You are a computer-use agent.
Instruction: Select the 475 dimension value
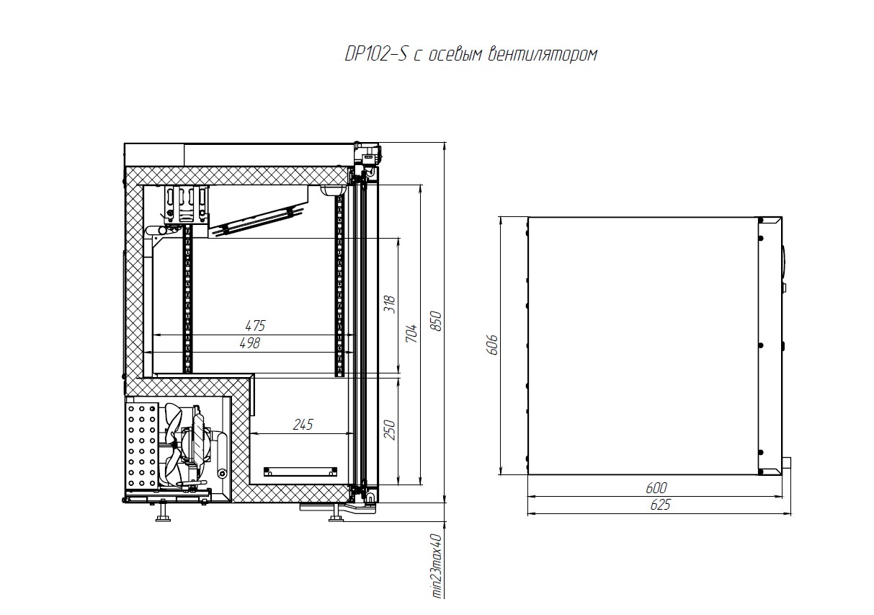pos(255,325)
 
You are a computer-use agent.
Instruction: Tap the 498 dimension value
pos(250,343)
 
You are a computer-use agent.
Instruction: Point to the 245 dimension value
pos(303,425)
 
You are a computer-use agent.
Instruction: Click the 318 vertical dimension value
pos(390,304)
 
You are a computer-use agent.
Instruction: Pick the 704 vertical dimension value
pos(411,334)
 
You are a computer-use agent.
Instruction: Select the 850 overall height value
pos(437,321)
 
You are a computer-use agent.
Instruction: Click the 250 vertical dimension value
pos(390,430)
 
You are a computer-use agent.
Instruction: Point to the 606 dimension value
pos(493,345)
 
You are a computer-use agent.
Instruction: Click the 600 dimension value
pos(656,487)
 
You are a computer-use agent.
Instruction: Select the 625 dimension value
pos(660,505)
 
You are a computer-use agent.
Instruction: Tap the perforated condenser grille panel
pos(142,446)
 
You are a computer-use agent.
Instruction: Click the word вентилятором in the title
pos(543,55)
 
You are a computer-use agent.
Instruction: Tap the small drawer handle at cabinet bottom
pos(300,472)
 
